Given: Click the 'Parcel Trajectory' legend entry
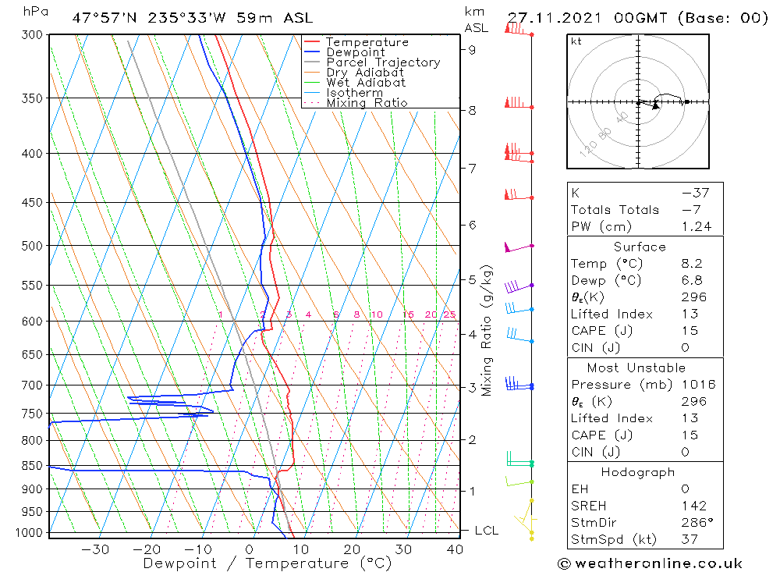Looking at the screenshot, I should (383, 62).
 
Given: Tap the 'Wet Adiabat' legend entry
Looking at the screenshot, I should (366, 82).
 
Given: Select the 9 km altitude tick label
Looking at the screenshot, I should (473, 49).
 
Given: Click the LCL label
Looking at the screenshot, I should (486, 531).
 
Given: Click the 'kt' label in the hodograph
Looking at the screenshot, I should (576, 41).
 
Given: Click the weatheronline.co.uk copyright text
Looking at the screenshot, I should (649, 563).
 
